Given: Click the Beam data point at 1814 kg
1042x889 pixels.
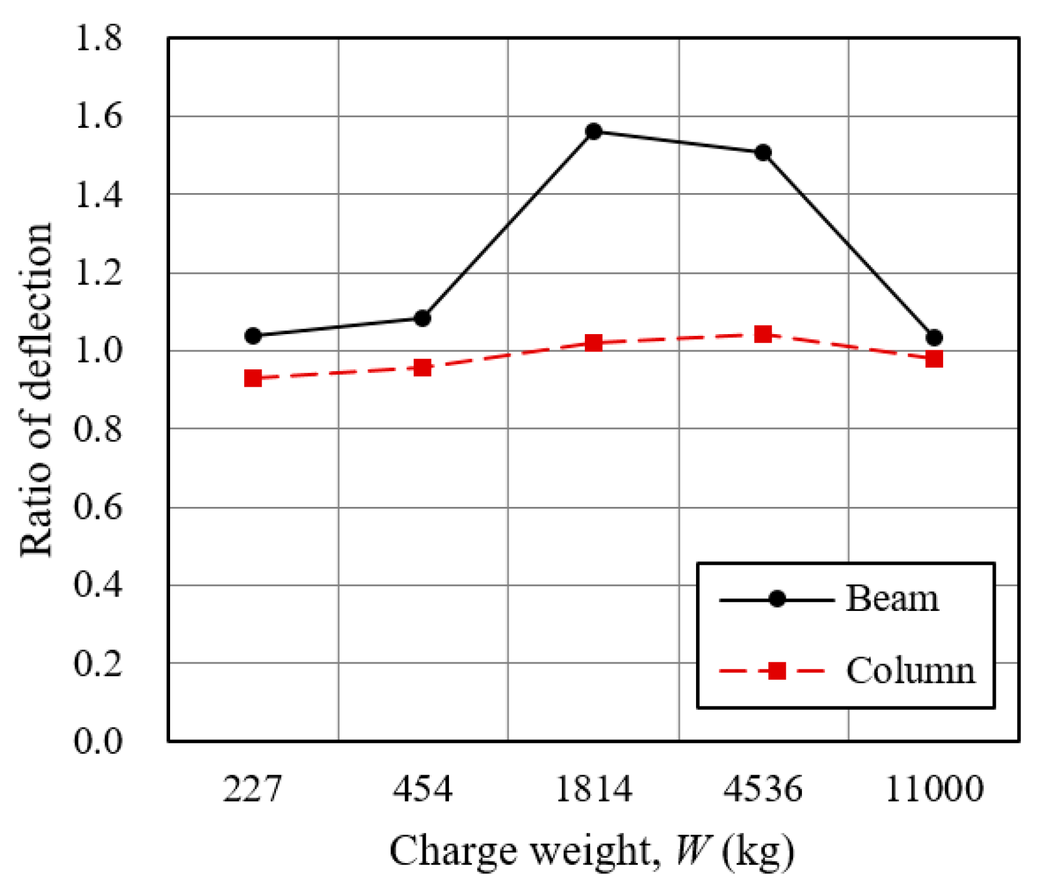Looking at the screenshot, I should [x=594, y=132].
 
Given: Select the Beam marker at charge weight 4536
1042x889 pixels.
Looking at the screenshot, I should [x=763, y=153].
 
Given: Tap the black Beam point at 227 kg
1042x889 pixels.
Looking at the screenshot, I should [x=253, y=336].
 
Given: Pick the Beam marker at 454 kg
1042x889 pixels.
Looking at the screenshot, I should [x=422, y=318].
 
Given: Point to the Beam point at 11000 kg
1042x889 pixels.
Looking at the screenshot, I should [x=934, y=338].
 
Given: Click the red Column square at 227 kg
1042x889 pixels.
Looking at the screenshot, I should [x=253, y=379].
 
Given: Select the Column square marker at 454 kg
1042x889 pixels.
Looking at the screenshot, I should [x=422, y=368].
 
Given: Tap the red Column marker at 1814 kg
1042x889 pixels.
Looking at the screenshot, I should [x=594, y=343].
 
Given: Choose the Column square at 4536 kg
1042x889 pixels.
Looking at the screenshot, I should [x=763, y=334].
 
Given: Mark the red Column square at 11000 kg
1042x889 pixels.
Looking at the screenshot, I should [x=934, y=360].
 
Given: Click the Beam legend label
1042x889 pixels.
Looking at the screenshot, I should [x=892, y=599].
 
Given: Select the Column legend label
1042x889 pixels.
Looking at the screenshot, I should [x=910, y=671].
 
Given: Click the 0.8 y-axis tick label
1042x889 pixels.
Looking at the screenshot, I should [x=98, y=429].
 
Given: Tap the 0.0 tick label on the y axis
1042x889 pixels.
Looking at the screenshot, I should [x=98, y=740].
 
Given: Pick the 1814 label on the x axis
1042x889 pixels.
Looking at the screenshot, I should [x=594, y=789].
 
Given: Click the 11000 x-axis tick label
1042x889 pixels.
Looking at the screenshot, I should [x=934, y=789].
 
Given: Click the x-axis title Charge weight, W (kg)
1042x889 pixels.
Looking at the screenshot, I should [x=591, y=851].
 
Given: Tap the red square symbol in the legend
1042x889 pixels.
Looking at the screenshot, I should [x=776, y=671].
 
